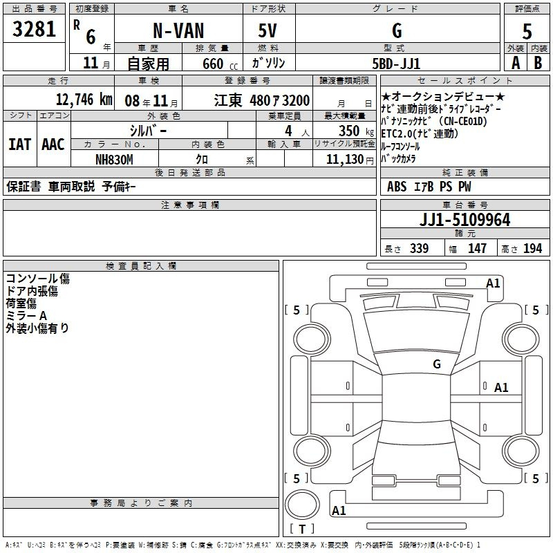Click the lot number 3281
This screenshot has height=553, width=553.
pos(34,29)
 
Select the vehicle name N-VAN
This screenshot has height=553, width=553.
pos(178,30)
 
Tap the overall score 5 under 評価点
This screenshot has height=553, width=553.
pos(527,32)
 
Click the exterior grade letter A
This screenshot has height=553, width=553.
pos(516,63)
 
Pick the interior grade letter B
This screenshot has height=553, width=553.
pos(538,63)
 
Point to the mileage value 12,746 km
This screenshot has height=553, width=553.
pos(84,100)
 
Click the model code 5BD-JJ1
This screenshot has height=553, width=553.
pos(396,64)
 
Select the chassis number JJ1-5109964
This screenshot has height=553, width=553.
pos(465,220)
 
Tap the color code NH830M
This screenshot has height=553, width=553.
pos(114,160)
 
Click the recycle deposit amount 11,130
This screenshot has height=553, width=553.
pos(345,160)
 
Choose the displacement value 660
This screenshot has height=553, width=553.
pos(213,64)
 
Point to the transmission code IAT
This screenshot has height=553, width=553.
pos(20,144)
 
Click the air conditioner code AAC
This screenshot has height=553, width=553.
pos(53,144)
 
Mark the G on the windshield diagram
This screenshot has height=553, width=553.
pos(437,364)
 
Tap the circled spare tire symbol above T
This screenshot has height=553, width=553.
pos(302,505)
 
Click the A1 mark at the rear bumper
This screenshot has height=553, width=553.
pos(339,511)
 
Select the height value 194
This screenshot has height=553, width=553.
pos(532,248)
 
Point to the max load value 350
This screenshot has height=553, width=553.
pos(349,131)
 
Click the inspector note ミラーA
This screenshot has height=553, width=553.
pos(26,316)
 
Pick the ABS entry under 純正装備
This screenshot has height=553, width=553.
pos(396,187)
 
